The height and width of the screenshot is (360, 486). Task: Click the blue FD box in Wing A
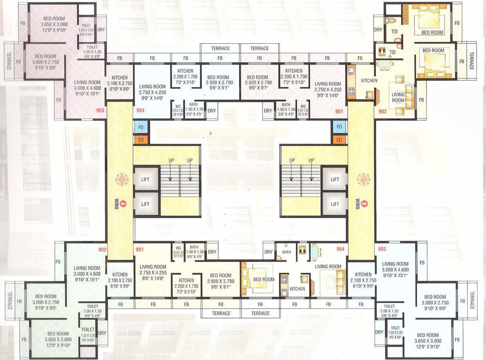click(141, 127)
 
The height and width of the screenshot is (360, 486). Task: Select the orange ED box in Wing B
click(339, 140)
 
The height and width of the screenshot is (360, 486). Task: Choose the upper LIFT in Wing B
click(334, 180)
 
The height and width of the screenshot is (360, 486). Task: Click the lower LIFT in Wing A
click(145, 204)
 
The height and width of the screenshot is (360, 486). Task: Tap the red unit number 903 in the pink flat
click(99, 111)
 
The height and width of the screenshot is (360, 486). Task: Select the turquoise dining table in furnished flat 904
click(314, 252)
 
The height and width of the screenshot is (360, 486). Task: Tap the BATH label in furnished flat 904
click(287, 252)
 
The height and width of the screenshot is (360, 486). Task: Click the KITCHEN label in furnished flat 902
click(369, 81)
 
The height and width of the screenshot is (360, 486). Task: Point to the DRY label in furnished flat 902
click(378, 30)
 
